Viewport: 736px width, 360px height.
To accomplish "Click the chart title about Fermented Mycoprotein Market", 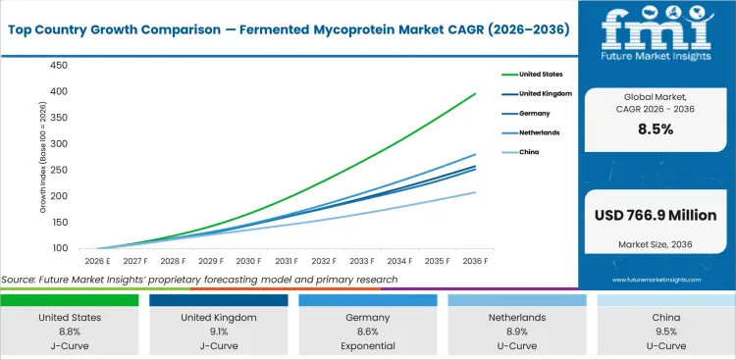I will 288,28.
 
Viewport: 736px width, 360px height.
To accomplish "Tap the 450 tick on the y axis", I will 59,66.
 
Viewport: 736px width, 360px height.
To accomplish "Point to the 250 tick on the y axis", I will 59,170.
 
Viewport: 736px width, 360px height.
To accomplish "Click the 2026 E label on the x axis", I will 96,262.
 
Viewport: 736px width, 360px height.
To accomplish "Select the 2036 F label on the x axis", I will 476,262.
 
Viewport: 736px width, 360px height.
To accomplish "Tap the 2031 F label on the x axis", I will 286,262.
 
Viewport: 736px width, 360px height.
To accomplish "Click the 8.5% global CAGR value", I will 656,129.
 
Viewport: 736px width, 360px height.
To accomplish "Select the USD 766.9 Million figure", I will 656,215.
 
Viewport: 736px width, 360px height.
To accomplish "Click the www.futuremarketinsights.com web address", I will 656,280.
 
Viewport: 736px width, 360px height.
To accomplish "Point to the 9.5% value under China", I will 665,333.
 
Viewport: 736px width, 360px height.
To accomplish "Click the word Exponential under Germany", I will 369,346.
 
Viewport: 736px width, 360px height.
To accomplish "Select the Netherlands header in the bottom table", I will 517,318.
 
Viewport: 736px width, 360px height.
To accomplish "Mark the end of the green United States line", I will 476,94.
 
